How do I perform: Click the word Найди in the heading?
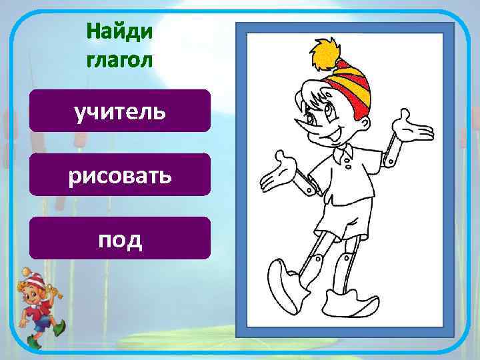pyautogui.click(x=119, y=31)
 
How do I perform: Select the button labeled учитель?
pyautogui.click(x=120, y=111)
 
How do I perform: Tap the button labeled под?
pyautogui.click(x=120, y=238)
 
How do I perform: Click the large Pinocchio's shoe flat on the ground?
pyautogui.click(x=350, y=305)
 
